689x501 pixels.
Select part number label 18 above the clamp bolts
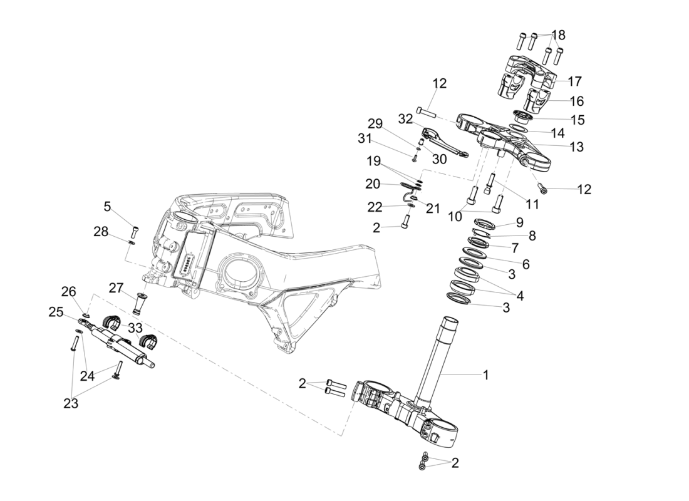(558, 34)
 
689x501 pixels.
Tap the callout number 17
(574, 81)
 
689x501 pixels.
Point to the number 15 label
(578, 119)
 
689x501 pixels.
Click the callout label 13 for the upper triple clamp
(576, 147)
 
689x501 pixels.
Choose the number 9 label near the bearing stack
(519, 222)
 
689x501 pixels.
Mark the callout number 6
(526, 264)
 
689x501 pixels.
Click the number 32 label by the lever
(406, 118)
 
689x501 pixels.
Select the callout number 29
(392, 123)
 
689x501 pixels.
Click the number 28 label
(101, 232)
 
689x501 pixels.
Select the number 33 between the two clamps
(135, 328)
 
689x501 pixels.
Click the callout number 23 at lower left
(71, 404)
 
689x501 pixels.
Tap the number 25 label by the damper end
(56, 311)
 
